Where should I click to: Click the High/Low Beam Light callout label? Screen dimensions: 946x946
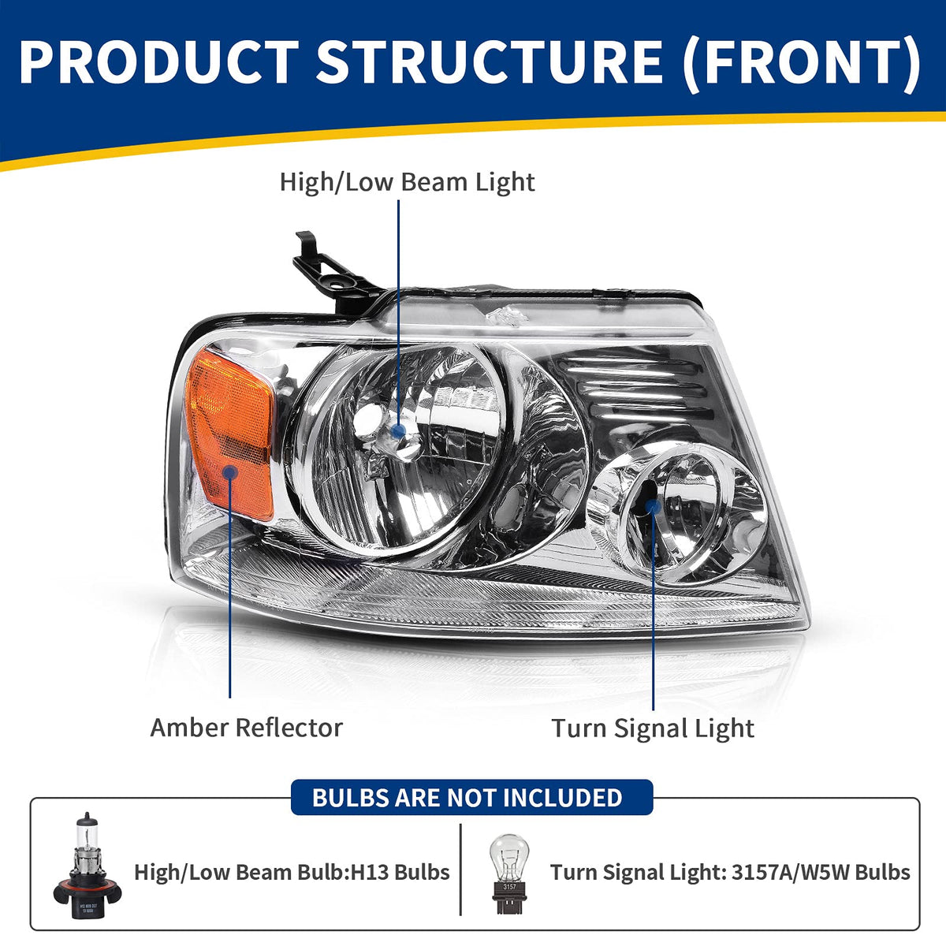(407, 183)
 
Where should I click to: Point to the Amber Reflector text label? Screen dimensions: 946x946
(247, 728)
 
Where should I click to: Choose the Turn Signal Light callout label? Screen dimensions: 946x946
(653, 728)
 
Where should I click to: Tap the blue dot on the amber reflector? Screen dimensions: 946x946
(229, 472)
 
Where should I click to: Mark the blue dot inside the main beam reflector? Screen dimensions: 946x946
(399, 431)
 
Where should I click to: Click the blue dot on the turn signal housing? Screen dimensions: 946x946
(654, 507)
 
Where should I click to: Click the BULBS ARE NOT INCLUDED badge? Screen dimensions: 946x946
(471, 798)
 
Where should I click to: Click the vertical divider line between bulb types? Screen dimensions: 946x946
(460, 870)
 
